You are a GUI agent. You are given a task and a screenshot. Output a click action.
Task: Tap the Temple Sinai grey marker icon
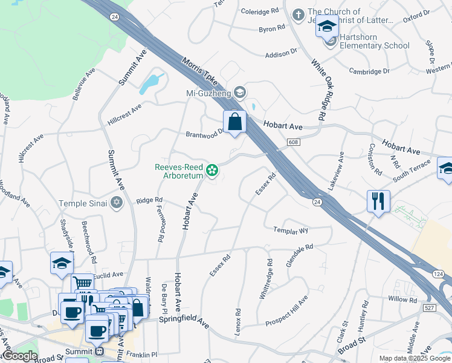point(117,203)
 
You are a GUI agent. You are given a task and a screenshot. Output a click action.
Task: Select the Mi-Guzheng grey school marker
point(240,93)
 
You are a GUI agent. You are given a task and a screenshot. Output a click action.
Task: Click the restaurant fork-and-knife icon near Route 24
point(378,201)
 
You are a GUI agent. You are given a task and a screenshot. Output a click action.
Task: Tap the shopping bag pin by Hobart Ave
point(235,122)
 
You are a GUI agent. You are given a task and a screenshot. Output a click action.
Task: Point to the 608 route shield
point(293,142)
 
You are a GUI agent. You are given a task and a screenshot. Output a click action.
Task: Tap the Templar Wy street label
point(291,231)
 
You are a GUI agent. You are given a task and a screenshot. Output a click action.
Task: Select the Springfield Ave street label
point(184,321)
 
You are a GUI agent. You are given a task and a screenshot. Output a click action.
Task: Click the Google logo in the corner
point(19,356)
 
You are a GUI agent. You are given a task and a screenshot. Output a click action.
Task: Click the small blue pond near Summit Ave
point(150,83)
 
